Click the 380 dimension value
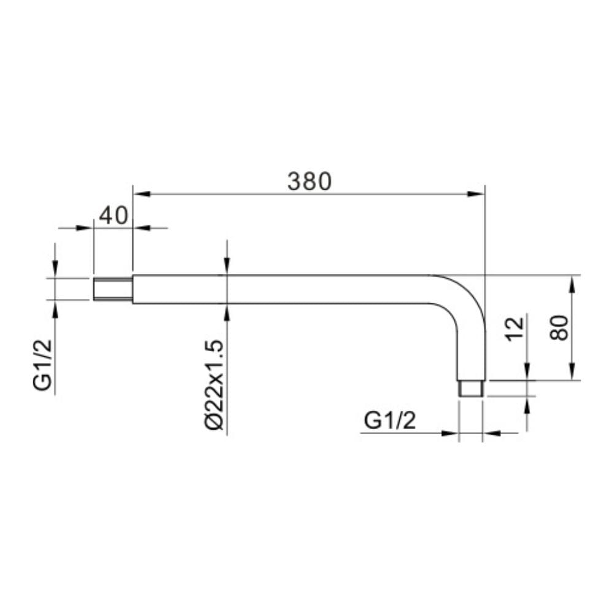pos(309,181)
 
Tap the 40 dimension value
pos(112,216)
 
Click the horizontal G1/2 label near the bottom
pos(390,421)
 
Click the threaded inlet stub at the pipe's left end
pos(113,289)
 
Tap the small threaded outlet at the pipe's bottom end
pos(472,388)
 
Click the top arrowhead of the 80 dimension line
pos(572,283)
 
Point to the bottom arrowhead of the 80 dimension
pos(572,373)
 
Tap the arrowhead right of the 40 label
pos(141,228)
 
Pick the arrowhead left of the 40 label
pos(85,228)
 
